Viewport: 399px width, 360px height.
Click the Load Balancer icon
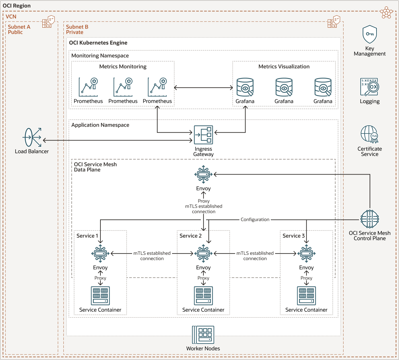coord(32,138)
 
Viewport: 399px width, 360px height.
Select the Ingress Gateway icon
coord(203,135)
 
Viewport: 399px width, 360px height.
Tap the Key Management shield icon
coord(370,34)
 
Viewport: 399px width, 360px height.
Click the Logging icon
coord(370,87)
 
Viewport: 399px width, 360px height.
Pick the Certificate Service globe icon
coord(369,134)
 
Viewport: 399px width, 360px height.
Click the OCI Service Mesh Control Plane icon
coord(370,219)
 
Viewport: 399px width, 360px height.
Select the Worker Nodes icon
coord(203,335)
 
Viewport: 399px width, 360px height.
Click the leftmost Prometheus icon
coord(88,87)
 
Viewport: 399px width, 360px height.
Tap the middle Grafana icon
coord(284,87)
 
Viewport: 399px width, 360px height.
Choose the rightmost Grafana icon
coord(323,87)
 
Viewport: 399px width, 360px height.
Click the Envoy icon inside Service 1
coord(100,254)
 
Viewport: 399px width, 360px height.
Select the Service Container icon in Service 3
coord(307,296)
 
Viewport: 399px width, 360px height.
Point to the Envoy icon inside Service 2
coord(203,254)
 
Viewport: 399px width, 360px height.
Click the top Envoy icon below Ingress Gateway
coord(203,174)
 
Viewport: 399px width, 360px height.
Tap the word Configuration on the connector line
coord(255,220)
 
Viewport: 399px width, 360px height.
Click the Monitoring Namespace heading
coord(100,56)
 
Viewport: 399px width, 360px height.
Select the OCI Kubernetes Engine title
coord(98,43)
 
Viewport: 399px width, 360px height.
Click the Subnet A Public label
coord(19,29)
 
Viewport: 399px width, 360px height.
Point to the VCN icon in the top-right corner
coord(386,13)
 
